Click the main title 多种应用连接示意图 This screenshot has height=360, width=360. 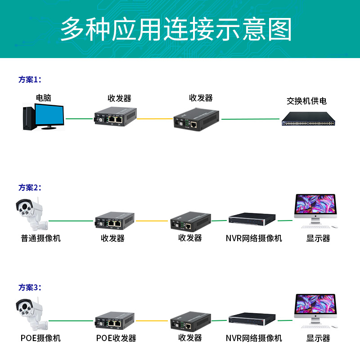coord(176,30)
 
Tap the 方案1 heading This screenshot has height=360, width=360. coord(30,80)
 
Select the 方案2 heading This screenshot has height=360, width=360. coord(30,188)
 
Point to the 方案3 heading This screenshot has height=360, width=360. coord(30,287)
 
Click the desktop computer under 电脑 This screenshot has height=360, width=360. coord(43,117)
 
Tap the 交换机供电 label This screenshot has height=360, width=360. coord(306,101)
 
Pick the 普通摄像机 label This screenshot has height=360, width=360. coord(41,238)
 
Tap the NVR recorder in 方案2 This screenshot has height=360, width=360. coord(252,220)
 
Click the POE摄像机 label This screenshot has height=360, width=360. coord(40,338)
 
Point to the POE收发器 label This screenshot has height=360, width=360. coord(116,338)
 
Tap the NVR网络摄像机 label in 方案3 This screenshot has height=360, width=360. coord(254,338)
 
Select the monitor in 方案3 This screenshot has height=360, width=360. coord(315,310)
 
